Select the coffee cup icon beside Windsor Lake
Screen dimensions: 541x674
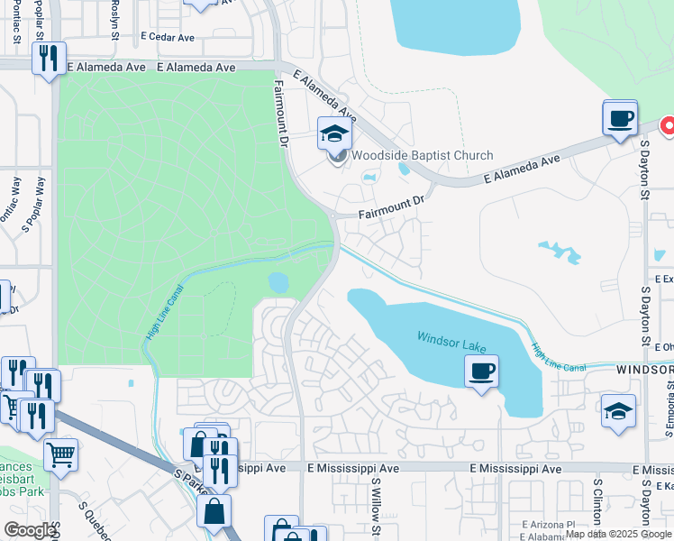(481, 371)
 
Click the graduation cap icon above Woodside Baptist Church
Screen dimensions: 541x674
(334, 134)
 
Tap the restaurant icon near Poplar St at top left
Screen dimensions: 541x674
(48, 59)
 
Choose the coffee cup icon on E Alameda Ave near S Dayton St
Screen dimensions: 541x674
(620, 118)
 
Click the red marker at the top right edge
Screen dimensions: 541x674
(668, 126)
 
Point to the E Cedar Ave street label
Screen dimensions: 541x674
(168, 38)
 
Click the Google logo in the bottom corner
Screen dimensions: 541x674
(31, 530)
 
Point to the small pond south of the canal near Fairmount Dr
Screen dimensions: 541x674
(278, 282)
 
